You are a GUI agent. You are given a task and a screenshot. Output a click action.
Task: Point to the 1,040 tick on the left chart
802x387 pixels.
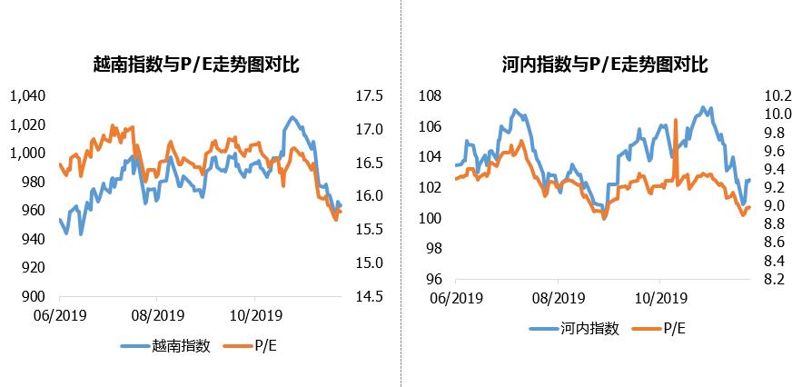[26, 95]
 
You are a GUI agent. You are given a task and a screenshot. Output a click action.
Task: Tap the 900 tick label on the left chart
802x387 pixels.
[33, 296]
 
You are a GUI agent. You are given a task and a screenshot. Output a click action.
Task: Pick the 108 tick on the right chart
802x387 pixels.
[429, 95]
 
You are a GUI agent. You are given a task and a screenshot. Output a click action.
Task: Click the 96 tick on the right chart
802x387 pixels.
[432, 279]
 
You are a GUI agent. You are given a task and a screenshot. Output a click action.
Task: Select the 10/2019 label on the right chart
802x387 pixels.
[658, 298]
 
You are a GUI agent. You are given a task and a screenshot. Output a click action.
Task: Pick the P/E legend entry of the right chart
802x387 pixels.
[674, 328]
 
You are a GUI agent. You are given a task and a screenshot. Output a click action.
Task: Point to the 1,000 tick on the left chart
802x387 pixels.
[26, 153]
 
